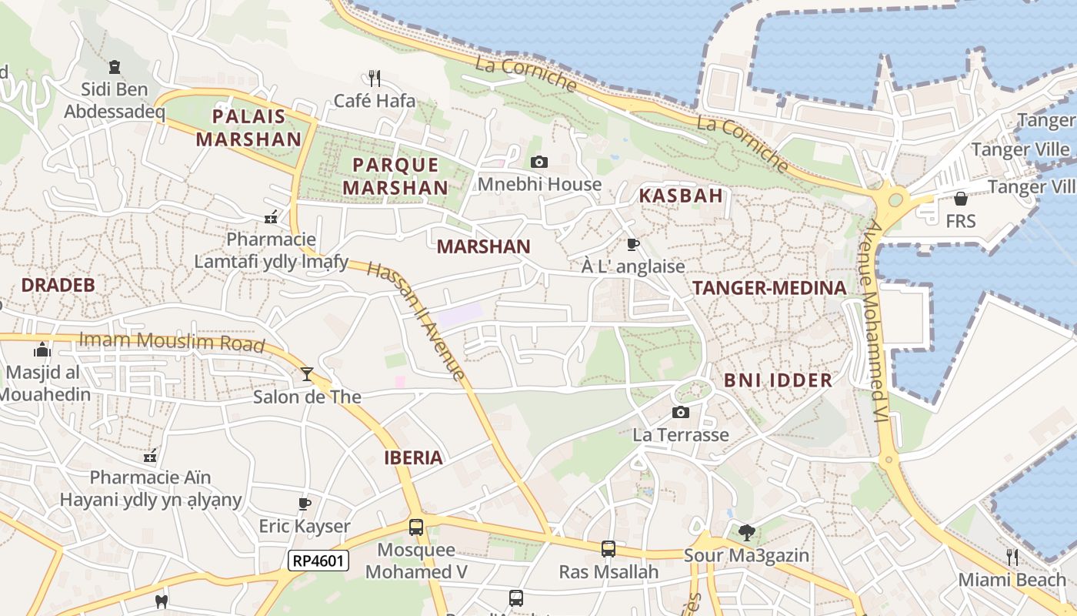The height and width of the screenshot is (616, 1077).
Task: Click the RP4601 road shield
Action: click(x=318, y=561)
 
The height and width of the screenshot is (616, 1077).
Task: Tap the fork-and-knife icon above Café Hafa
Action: click(x=375, y=78)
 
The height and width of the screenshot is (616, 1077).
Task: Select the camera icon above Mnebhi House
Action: click(x=539, y=162)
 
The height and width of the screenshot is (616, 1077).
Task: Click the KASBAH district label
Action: click(x=681, y=196)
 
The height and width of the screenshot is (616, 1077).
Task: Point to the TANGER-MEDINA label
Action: click(x=769, y=288)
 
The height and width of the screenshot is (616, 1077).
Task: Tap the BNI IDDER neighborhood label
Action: click(x=778, y=380)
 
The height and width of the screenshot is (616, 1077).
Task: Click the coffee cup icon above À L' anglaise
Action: click(x=633, y=245)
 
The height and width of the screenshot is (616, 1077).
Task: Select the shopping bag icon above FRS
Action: click(x=960, y=199)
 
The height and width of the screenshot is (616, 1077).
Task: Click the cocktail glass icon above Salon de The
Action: click(x=307, y=374)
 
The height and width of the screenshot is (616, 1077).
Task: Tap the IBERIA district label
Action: click(x=414, y=457)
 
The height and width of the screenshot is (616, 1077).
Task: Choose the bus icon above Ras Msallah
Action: click(x=609, y=549)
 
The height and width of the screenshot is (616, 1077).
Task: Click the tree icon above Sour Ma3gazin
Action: click(x=746, y=532)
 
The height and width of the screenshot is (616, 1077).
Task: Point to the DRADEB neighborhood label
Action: click(x=58, y=285)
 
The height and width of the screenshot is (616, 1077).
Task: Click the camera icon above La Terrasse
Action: click(x=680, y=413)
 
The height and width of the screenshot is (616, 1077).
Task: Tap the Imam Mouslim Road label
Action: click(x=172, y=342)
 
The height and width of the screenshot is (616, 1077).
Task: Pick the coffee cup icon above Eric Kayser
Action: click(x=305, y=504)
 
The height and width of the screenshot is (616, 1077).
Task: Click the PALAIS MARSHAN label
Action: click(x=248, y=128)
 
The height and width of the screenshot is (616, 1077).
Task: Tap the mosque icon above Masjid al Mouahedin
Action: click(x=42, y=351)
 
